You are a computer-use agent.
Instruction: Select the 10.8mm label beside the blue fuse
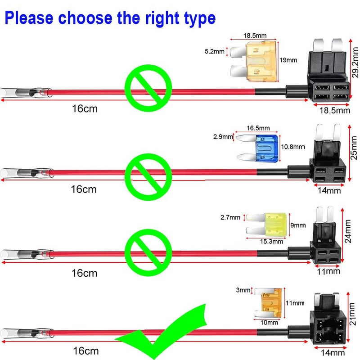pyautogui.click(x=293, y=147)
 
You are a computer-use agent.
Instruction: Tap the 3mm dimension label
pyautogui.click(x=242, y=291)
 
